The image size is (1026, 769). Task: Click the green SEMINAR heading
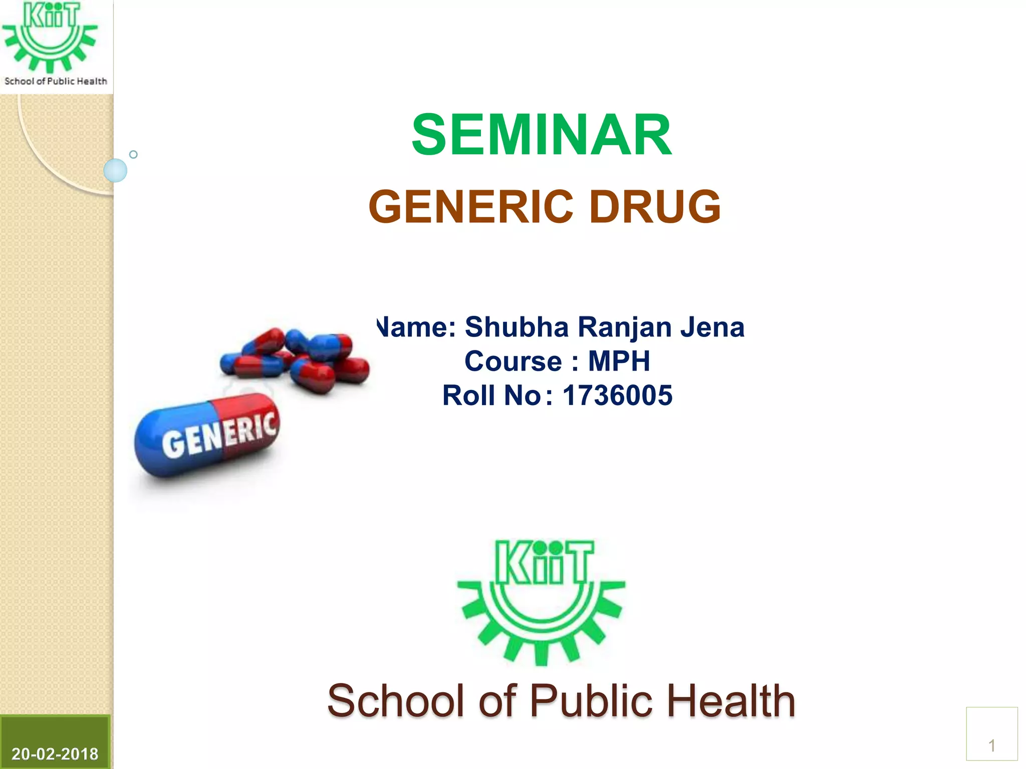(x=541, y=135)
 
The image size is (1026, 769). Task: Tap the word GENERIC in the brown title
(x=471, y=207)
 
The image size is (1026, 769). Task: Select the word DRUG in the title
(x=655, y=207)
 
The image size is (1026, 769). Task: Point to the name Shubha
(x=517, y=327)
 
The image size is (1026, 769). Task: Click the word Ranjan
(x=624, y=327)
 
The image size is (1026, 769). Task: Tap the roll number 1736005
(x=617, y=396)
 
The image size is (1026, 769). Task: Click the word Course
(x=513, y=361)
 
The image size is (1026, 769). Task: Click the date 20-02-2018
(x=55, y=753)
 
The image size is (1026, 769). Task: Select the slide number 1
(x=991, y=746)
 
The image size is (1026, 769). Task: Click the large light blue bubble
(x=115, y=170)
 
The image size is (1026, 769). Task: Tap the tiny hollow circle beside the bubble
(x=133, y=154)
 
